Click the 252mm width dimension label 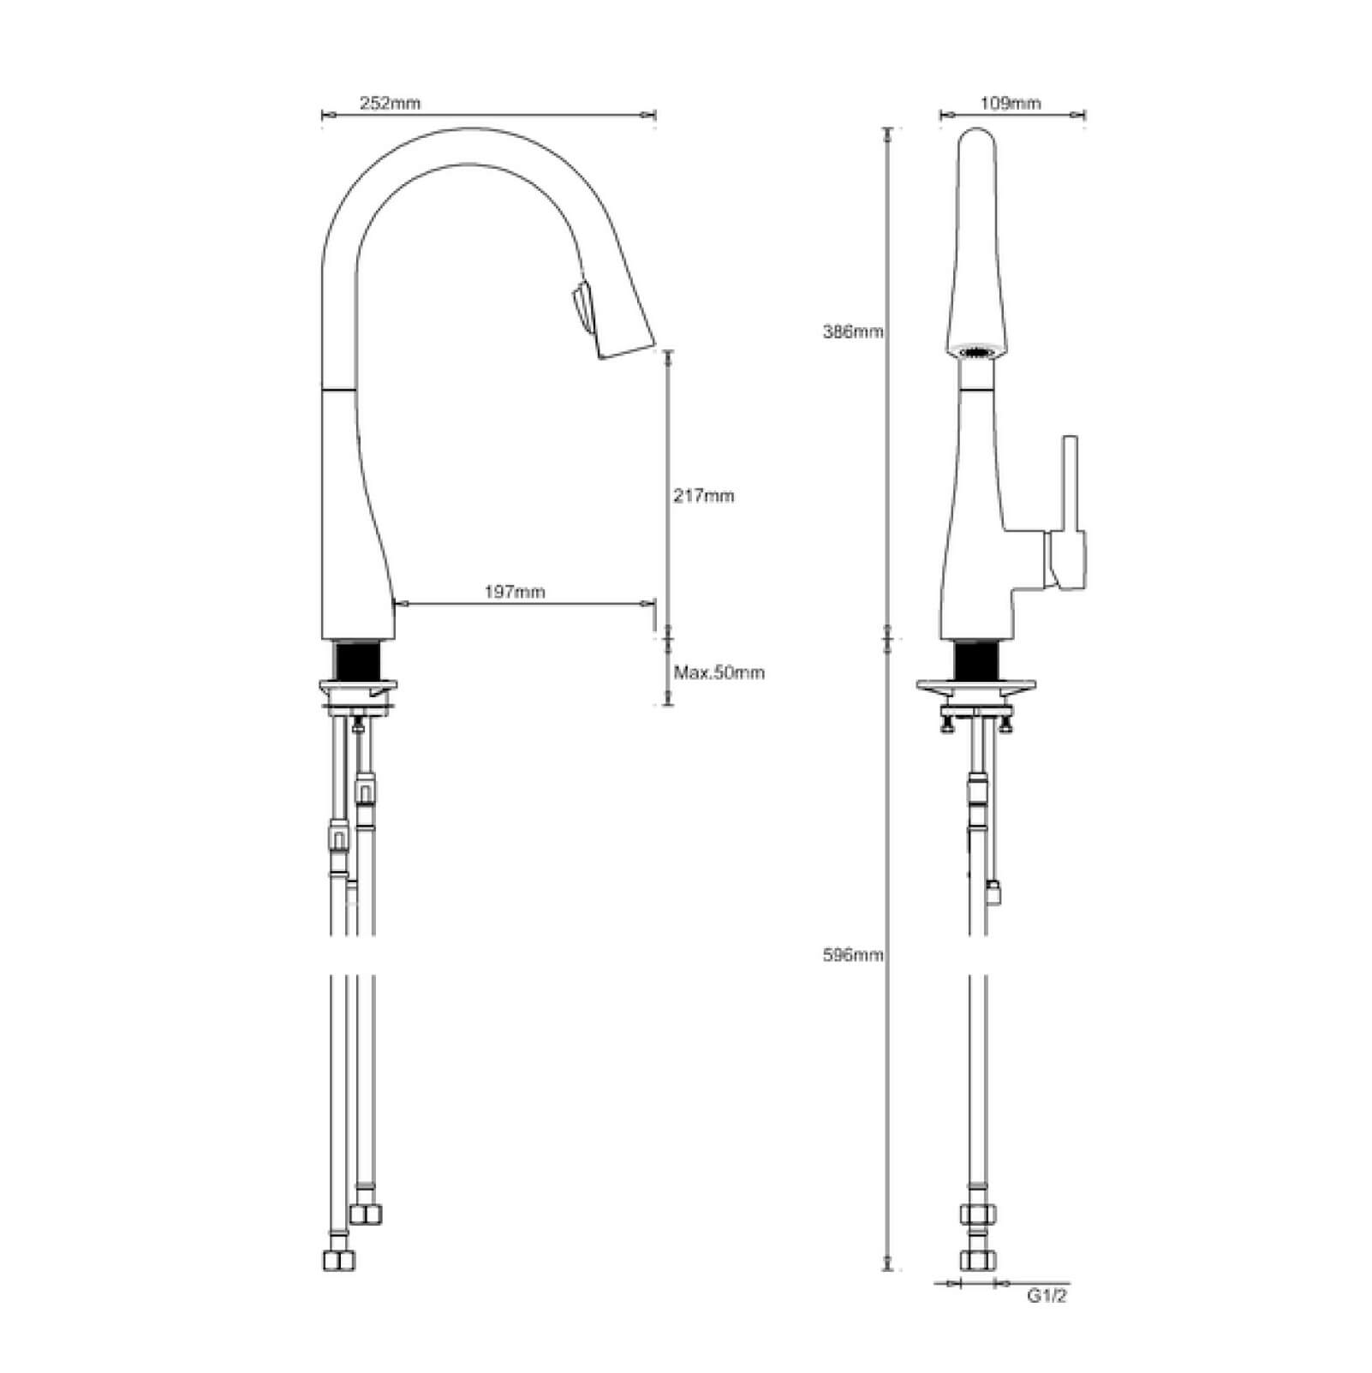click(x=390, y=104)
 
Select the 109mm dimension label click(x=1010, y=104)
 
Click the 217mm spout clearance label click(x=703, y=496)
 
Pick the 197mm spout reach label click(x=515, y=591)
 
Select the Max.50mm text click(x=719, y=672)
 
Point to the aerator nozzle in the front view click(x=977, y=350)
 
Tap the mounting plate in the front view click(x=977, y=687)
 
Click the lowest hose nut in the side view click(x=339, y=1261)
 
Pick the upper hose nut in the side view click(x=366, y=1214)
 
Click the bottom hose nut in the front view click(x=977, y=1260)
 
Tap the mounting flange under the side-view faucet click(x=360, y=687)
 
